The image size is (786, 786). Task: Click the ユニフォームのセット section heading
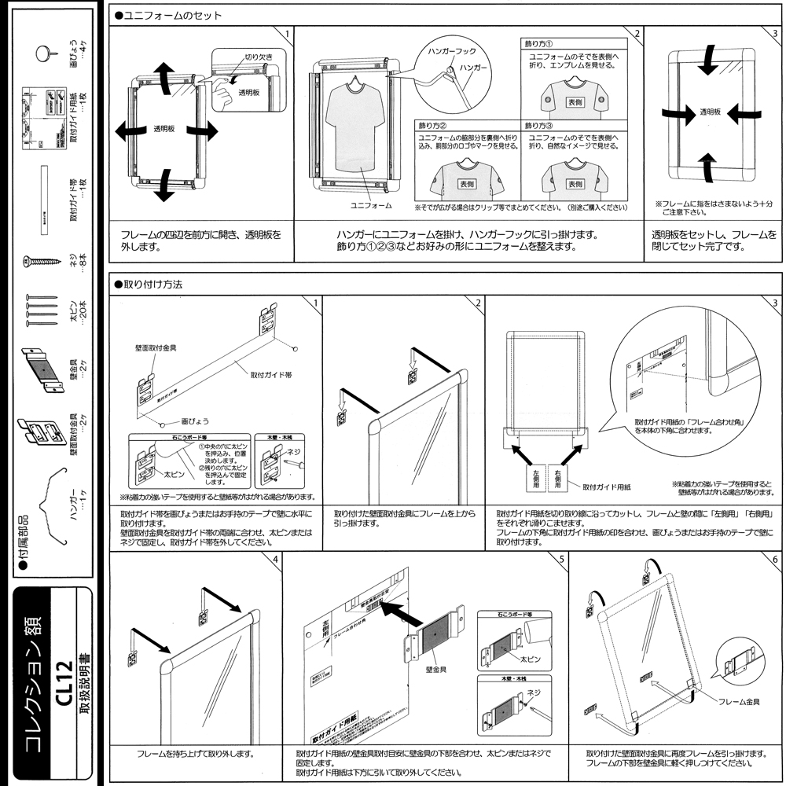pos(168,15)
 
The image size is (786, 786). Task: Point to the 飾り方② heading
pos(432,125)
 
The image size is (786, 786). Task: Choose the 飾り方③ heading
pos(540,125)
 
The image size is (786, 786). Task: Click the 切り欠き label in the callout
pos(258,57)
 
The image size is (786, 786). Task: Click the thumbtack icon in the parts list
pos(45,53)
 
